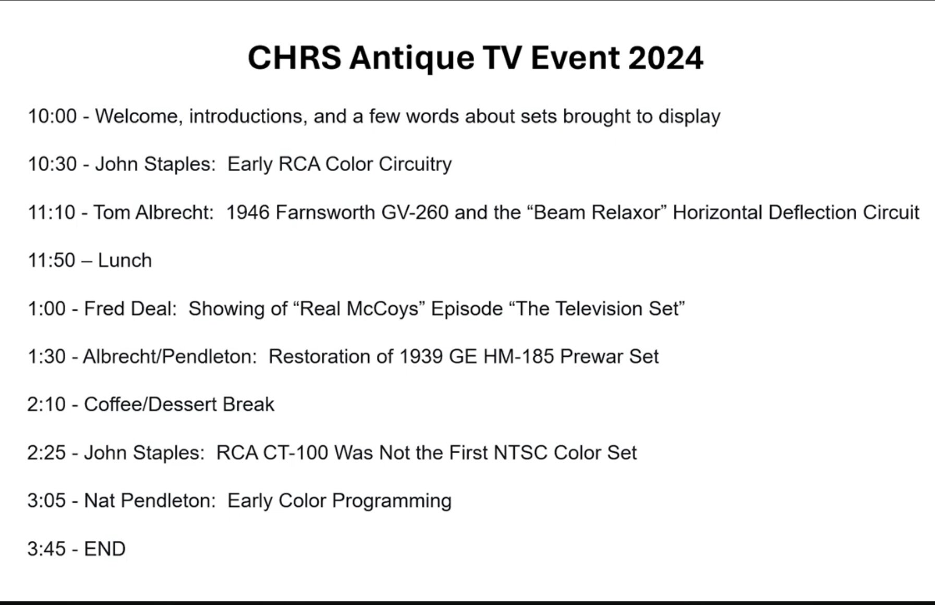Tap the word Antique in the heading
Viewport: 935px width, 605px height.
pyautogui.click(x=412, y=58)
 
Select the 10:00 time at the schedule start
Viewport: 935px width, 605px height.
pyautogui.click(x=52, y=116)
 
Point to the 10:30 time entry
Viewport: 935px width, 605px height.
pyautogui.click(x=52, y=164)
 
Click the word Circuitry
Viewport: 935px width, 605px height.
pyautogui.click(x=415, y=164)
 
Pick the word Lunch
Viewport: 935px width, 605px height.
pyautogui.click(x=125, y=260)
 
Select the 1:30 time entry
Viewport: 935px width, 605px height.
pyautogui.click(x=46, y=356)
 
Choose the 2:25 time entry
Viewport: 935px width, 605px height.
pyautogui.click(x=46, y=452)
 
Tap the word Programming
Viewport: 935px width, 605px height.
pyautogui.click(x=392, y=501)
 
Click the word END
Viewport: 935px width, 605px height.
pyautogui.click(x=105, y=549)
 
